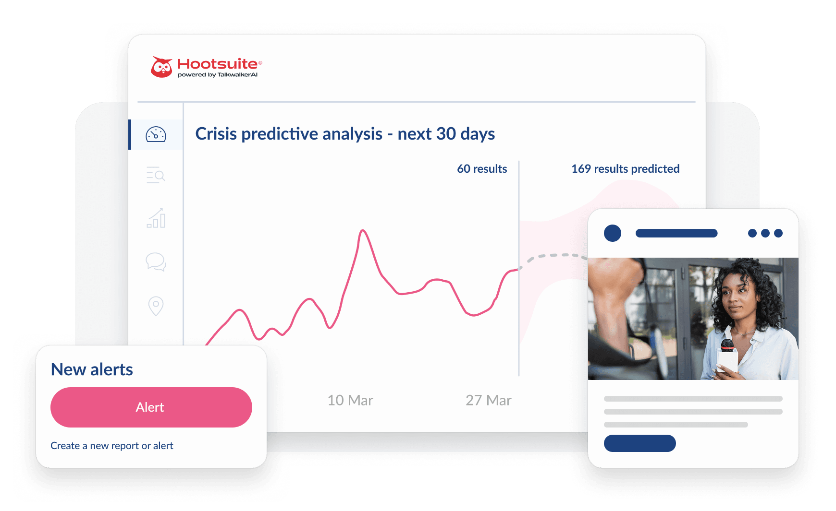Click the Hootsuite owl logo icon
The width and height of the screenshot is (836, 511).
pyautogui.click(x=161, y=67)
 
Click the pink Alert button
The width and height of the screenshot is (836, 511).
pyautogui.click(x=151, y=407)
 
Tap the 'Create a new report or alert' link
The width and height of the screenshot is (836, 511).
pyautogui.click(x=112, y=446)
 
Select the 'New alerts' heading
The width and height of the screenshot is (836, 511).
pyautogui.click(x=92, y=369)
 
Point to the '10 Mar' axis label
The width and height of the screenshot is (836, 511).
pyautogui.click(x=350, y=400)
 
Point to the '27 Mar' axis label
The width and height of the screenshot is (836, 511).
pyautogui.click(x=488, y=400)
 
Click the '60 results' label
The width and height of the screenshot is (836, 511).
pyautogui.click(x=482, y=169)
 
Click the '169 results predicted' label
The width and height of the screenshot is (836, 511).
pyautogui.click(x=625, y=169)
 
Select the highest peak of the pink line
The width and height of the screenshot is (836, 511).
pyautogui.click(x=363, y=231)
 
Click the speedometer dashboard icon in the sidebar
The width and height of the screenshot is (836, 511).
pyautogui.click(x=156, y=135)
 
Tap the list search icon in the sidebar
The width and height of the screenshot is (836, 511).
pyautogui.click(x=156, y=175)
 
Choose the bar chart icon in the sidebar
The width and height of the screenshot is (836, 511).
pyautogui.click(x=156, y=218)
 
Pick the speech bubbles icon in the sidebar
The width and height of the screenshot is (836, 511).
pyautogui.click(x=156, y=262)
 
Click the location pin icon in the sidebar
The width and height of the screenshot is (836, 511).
pyautogui.click(x=156, y=306)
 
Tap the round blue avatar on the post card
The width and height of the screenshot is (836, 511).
pyautogui.click(x=613, y=233)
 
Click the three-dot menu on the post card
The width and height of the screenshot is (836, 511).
pyautogui.click(x=765, y=233)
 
